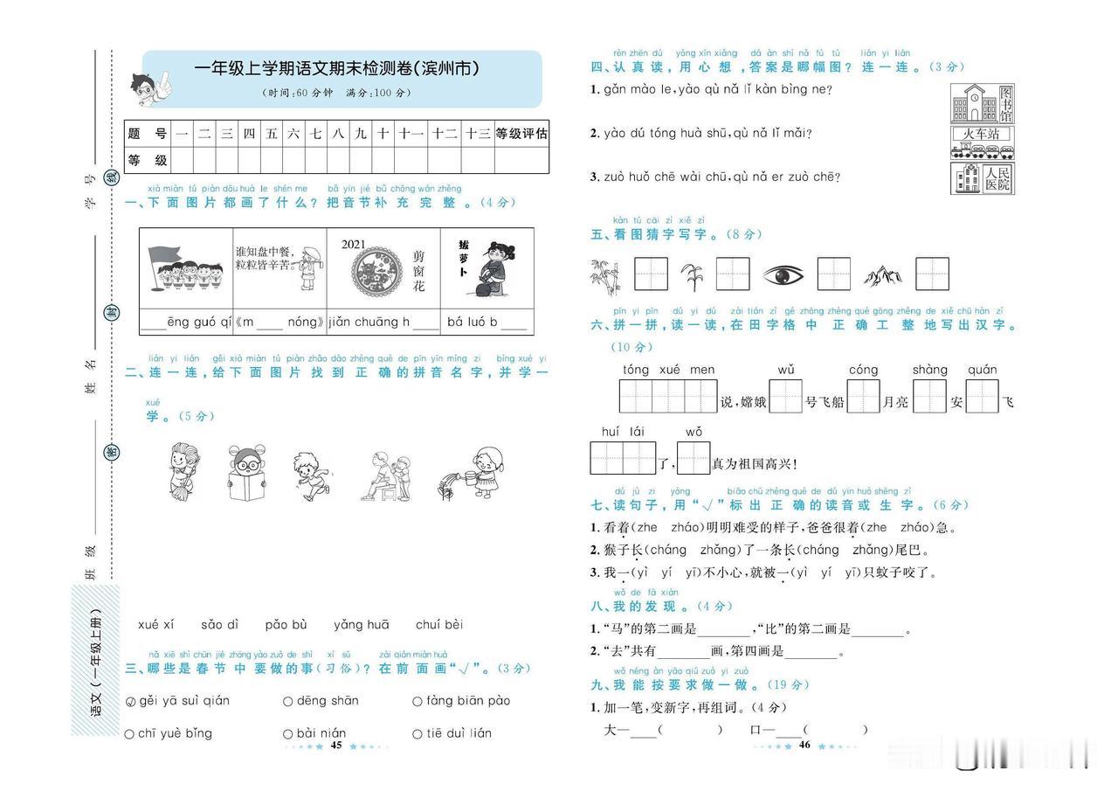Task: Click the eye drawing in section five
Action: (x=783, y=275)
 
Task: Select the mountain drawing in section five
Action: (x=883, y=276)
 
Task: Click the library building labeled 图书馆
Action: (x=983, y=104)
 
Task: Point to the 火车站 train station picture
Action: (x=983, y=142)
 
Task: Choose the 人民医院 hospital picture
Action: (x=983, y=178)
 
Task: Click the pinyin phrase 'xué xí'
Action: (x=156, y=625)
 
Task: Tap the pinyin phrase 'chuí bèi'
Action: (x=439, y=625)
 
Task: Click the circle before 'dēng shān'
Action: (x=287, y=701)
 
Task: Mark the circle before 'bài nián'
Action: (x=287, y=734)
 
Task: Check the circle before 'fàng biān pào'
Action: (x=418, y=701)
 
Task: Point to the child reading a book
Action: (x=246, y=474)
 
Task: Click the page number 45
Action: (x=336, y=746)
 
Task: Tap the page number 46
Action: (x=805, y=746)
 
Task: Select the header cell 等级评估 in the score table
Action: (x=521, y=134)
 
